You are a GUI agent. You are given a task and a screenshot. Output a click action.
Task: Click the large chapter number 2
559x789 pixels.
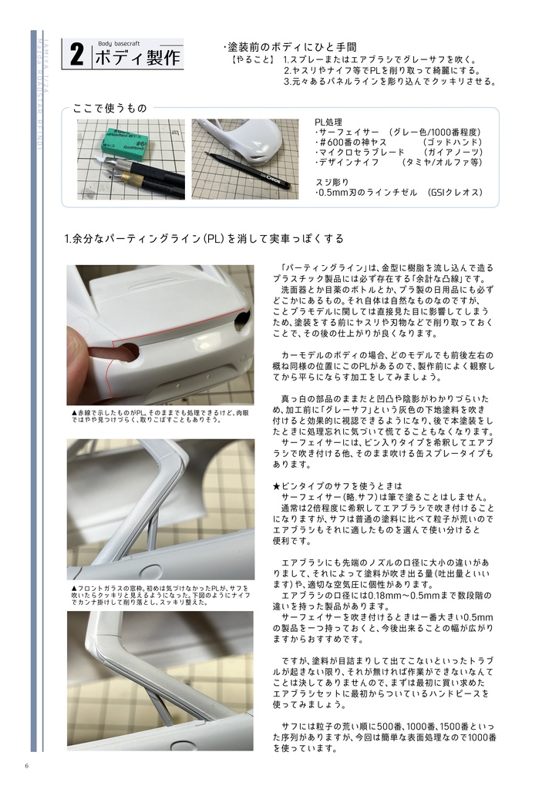pyautogui.click(x=77, y=55)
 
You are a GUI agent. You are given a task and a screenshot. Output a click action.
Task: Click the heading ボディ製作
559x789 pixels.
pyautogui.click(x=136, y=59)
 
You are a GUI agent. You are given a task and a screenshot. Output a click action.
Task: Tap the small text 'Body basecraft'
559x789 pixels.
pyautogui.click(x=120, y=44)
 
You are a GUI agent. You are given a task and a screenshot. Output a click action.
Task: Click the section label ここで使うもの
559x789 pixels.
pyautogui.click(x=109, y=108)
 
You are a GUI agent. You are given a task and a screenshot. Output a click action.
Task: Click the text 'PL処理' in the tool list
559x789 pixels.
pyautogui.click(x=328, y=123)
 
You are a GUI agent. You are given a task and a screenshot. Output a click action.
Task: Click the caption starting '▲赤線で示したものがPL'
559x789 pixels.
pyautogui.click(x=160, y=417)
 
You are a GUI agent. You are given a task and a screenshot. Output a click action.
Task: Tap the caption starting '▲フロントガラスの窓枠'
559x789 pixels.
pyautogui.click(x=160, y=594)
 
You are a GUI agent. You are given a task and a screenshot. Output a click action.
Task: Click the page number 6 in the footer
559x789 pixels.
pyautogui.click(x=27, y=765)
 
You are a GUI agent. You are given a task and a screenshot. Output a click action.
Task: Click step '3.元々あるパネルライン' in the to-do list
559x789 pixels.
pyautogui.click(x=389, y=80)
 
